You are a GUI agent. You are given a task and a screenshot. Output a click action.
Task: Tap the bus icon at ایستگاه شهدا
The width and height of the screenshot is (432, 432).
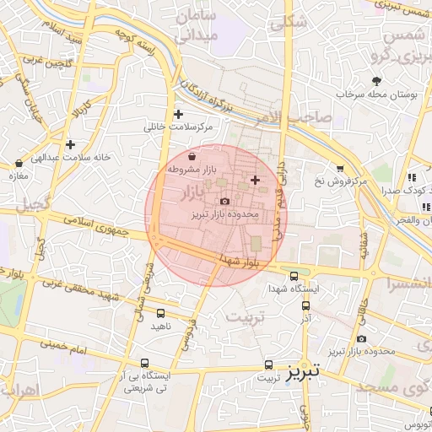(x=294, y=275)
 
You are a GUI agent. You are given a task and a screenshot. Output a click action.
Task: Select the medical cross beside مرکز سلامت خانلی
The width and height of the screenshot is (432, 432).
(x=177, y=114)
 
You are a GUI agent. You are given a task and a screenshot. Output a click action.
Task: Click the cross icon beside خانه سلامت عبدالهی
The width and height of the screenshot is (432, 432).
(x=70, y=144)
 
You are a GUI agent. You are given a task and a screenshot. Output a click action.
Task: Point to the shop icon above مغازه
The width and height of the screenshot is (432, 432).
(x=19, y=163)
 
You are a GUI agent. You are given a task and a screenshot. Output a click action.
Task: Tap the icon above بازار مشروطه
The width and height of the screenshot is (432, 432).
(x=192, y=156)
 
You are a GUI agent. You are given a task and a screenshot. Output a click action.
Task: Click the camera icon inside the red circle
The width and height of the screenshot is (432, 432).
(x=224, y=201)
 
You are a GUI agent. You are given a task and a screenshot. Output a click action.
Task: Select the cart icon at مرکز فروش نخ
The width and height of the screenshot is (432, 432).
(x=340, y=169)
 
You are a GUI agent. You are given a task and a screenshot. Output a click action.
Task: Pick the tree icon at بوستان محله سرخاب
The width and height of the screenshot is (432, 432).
(x=353, y=81)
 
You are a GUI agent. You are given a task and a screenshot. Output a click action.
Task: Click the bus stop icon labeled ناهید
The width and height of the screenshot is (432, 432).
(x=160, y=311)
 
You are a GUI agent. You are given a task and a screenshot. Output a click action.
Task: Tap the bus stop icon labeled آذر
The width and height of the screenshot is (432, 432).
(x=305, y=307)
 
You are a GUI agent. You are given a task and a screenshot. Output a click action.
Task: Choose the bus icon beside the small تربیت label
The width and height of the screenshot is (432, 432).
(x=268, y=365)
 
